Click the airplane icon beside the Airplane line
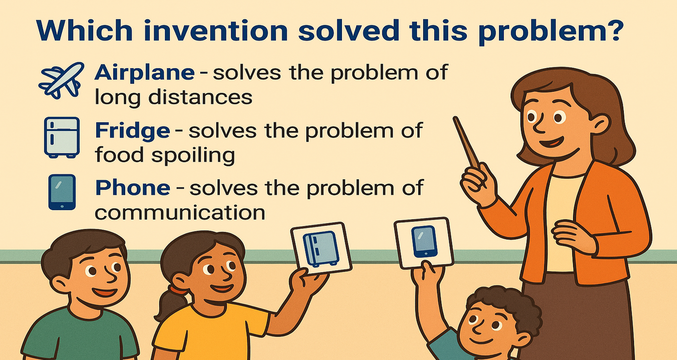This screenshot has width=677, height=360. pyautogui.click(x=61, y=80)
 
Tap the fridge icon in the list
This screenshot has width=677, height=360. pyautogui.click(x=62, y=137)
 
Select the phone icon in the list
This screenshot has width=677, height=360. pyautogui.click(x=62, y=192)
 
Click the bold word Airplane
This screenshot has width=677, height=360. pyautogui.click(x=145, y=73)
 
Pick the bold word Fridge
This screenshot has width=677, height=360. pyautogui.click(x=132, y=131)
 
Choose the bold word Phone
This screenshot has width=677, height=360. pyautogui.click(x=132, y=188)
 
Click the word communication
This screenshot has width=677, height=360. pyautogui.click(x=180, y=213)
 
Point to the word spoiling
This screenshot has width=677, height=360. pyautogui.click(x=193, y=156)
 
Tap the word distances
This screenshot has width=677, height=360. pyautogui.click(x=200, y=98)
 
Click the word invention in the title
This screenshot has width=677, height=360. pyautogui.click(x=216, y=30)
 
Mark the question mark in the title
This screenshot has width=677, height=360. pyautogui.click(x=613, y=30)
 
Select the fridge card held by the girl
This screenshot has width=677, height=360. pyautogui.click(x=322, y=248)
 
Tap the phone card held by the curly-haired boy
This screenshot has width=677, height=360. pyautogui.click(x=424, y=243)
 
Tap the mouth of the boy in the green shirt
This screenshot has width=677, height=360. pyautogui.click(x=104, y=292)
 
